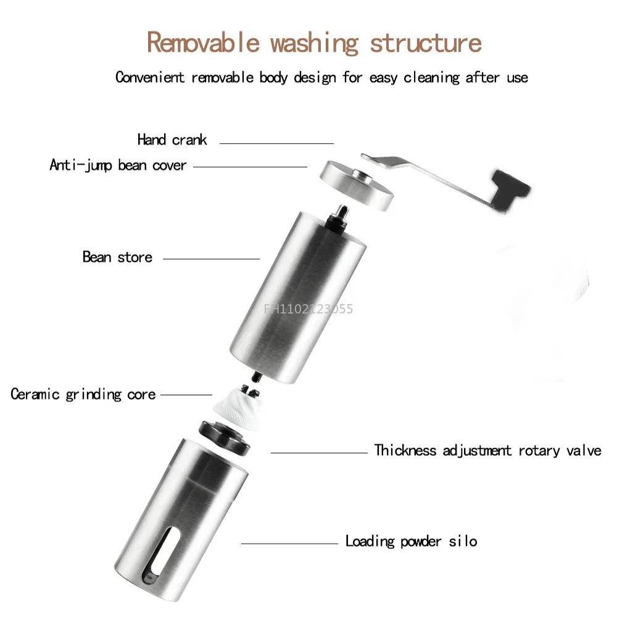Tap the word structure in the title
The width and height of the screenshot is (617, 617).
[425, 43]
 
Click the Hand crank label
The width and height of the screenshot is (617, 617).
[172, 139]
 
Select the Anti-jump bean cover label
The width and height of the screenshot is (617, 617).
[118, 165]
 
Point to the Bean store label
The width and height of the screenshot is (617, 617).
[117, 257]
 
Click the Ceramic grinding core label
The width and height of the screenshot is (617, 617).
[83, 394]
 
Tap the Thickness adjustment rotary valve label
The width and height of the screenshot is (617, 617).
[487, 450]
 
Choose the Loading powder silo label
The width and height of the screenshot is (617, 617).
[411, 542]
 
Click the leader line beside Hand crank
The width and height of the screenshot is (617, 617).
[276, 143]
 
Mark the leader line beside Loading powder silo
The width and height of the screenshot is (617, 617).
[289, 543]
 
